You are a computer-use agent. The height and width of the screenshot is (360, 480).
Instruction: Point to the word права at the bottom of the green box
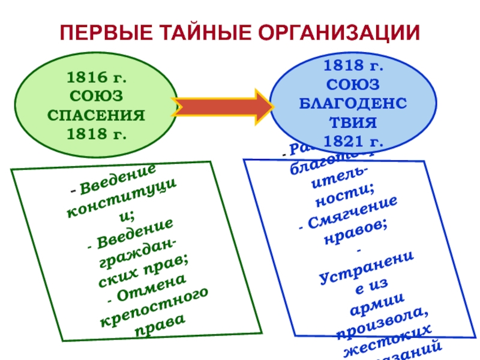pos(160,325)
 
